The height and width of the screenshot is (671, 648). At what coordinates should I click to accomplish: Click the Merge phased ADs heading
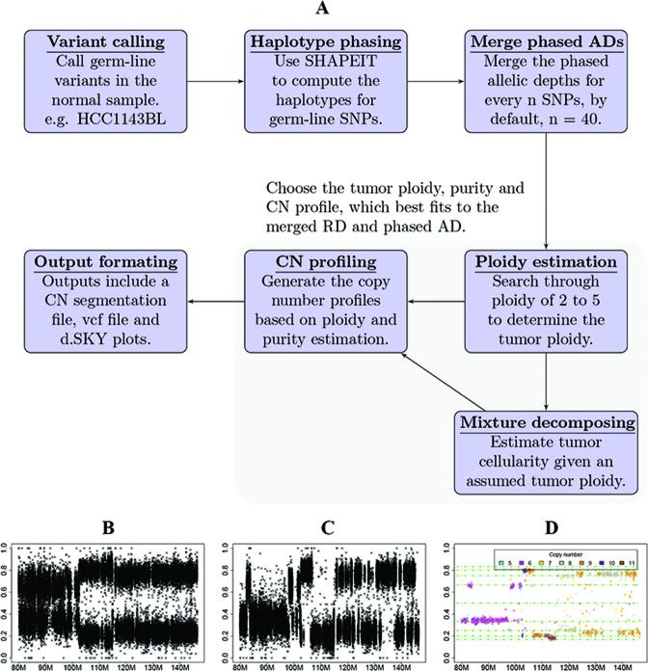point(546,42)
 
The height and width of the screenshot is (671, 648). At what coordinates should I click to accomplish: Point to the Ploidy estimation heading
point(546,262)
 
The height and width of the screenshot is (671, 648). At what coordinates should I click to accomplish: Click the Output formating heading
point(96,262)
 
